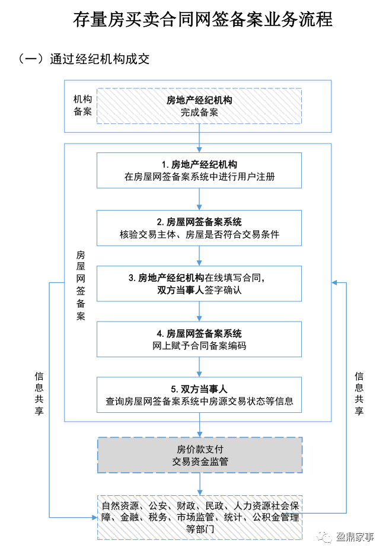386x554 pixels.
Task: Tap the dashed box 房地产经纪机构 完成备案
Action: (199, 106)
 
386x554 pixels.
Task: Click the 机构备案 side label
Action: (82, 106)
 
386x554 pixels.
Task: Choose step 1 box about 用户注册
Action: (199, 170)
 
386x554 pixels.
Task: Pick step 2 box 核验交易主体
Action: (199, 228)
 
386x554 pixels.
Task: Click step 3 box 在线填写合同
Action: (199, 284)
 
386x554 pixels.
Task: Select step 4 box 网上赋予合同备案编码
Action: (199, 340)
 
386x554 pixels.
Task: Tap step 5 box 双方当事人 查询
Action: (199, 395)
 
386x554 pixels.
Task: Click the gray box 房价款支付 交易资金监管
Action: (199, 455)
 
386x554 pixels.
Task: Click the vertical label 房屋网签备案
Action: (81, 285)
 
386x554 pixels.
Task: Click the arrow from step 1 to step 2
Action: (200, 199)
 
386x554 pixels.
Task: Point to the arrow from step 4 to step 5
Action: (200, 368)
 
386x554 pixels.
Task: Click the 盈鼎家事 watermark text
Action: (354, 537)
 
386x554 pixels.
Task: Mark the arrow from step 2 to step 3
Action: (200, 256)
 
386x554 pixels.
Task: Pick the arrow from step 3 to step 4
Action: (200, 312)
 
